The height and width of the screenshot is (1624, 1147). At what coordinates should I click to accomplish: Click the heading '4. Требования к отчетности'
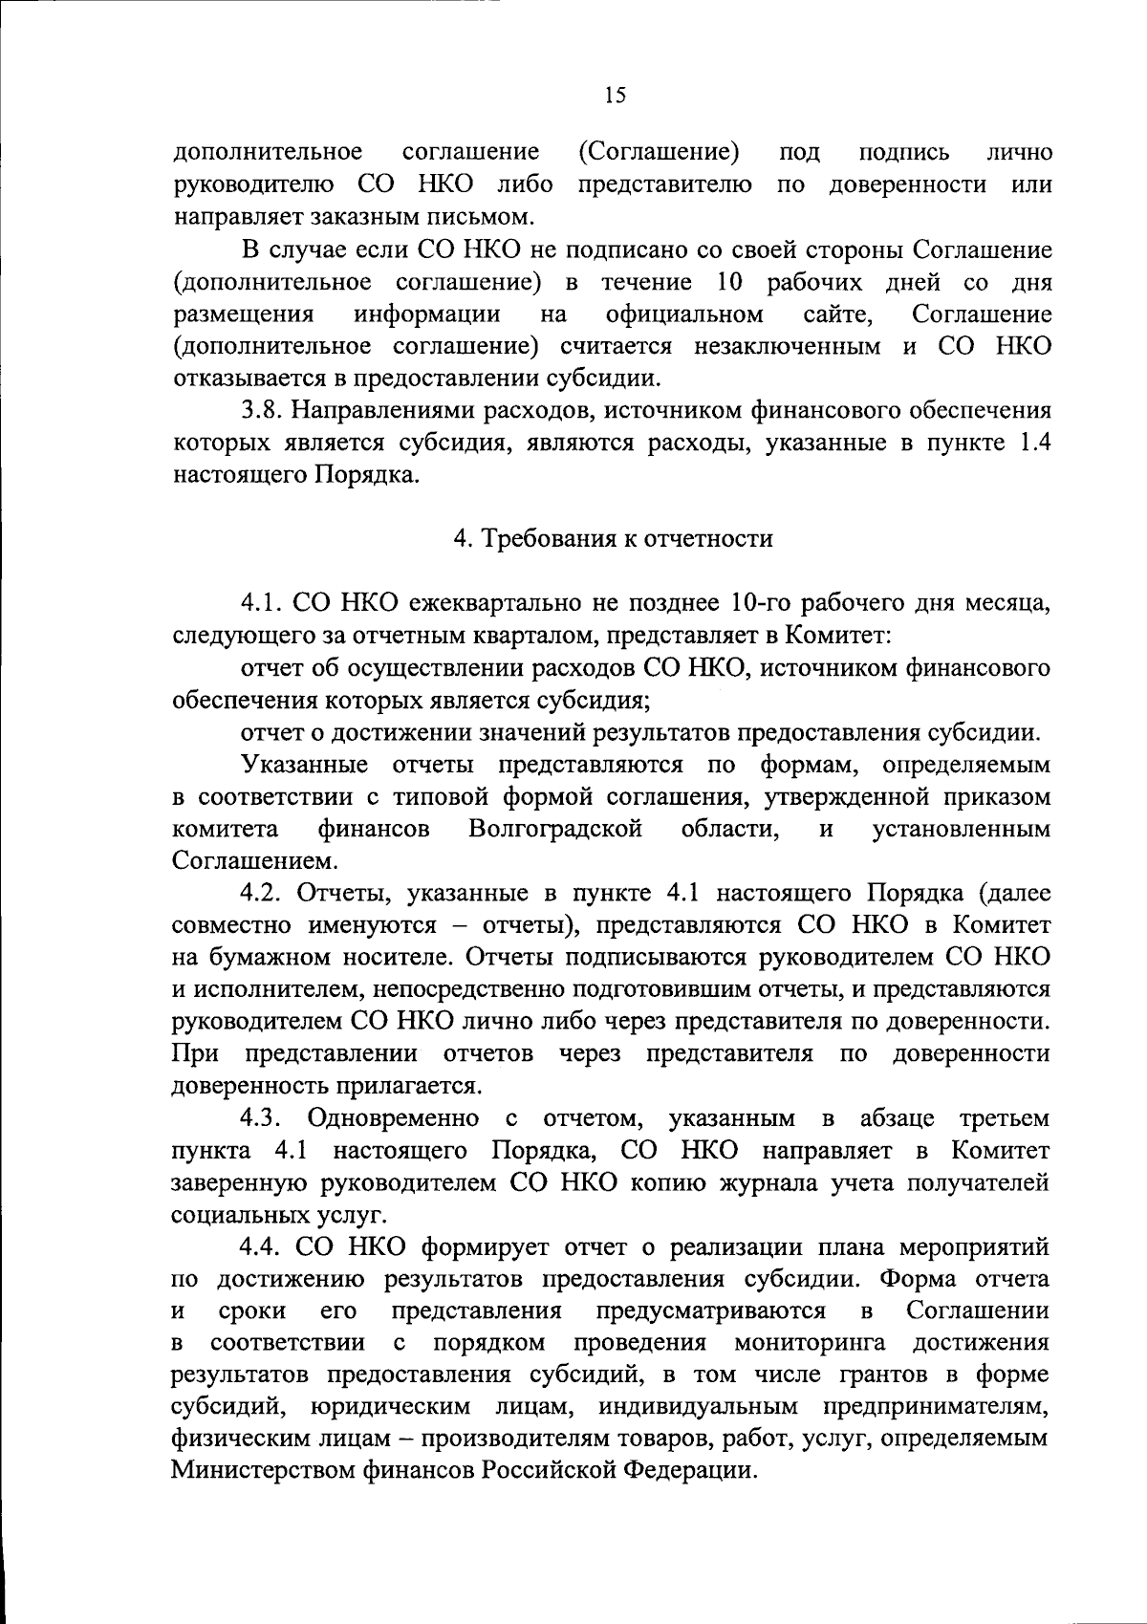pos(613,539)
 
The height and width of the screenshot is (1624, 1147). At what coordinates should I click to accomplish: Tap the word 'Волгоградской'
pos(554,829)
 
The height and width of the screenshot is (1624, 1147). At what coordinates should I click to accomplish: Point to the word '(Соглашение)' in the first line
pos(660,152)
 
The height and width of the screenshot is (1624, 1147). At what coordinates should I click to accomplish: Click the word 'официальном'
pos(684,314)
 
